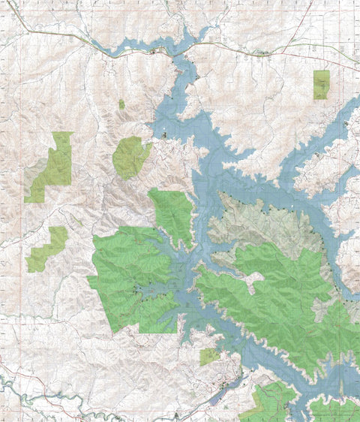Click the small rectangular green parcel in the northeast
click(321, 84)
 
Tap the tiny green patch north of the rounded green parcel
click(121, 104)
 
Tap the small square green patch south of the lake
click(209, 356)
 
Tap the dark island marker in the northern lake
click(163, 134)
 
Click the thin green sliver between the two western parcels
click(77, 221)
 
